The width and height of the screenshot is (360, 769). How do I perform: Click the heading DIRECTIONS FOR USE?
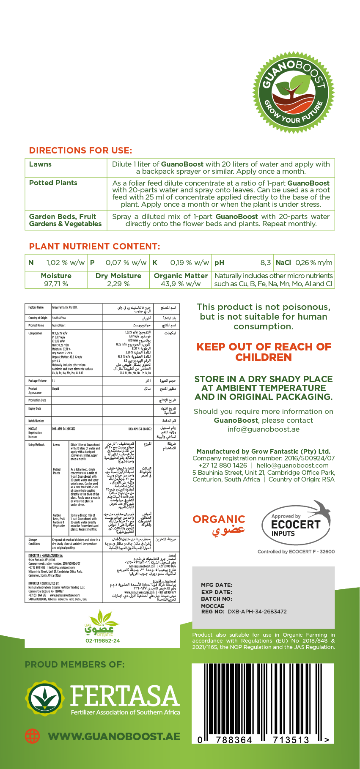click(80, 151)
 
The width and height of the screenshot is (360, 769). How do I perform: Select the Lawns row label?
click(40, 164)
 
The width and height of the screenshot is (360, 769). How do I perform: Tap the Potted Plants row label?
click(53, 183)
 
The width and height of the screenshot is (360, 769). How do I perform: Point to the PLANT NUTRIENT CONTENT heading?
click(94, 246)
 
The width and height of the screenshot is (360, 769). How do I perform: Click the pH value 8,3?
click(265, 263)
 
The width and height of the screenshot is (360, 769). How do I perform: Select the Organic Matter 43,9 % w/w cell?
click(181, 279)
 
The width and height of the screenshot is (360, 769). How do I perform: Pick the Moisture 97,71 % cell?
click(56, 279)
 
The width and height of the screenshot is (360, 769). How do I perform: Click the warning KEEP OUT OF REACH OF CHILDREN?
click(264, 352)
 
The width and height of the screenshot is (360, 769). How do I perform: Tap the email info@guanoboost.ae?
click(263, 429)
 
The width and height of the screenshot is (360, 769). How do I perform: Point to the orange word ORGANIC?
click(219, 519)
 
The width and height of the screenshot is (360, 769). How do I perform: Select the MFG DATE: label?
click(217, 585)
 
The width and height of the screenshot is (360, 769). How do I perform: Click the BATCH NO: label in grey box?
click(217, 599)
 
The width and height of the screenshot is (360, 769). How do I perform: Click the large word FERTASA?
click(125, 695)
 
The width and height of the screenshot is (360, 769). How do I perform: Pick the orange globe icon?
click(32, 736)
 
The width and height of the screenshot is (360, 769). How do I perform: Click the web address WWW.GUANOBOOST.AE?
click(114, 736)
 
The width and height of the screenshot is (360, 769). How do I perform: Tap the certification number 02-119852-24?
click(102, 640)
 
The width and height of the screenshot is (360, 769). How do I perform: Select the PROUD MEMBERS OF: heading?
click(75, 665)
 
